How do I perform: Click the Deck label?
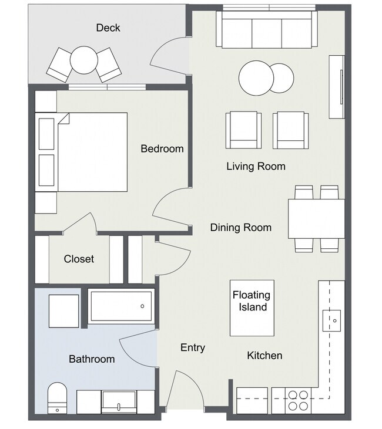[x=108, y=28]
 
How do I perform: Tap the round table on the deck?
[x=84, y=60]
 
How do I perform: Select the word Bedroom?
[x=162, y=148]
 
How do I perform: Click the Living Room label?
[x=256, y=166]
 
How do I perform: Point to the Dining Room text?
[x=241, y=227]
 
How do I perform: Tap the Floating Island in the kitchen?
[x=252, y=308]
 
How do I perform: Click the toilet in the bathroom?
[x=57, y=398]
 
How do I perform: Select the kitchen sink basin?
[x=331, y=320]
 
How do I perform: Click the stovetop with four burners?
[x=298, y=401]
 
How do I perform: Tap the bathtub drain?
[x=142, y=306]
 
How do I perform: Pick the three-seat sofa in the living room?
[x=267, y=29]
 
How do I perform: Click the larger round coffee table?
[x=256, y=78]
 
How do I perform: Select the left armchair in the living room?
[x=243, y=130]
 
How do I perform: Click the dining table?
[x=316, y=218]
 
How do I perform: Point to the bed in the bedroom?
[x=81, y=152]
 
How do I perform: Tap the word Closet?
[x=79, y=259]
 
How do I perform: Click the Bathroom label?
[x=92, y=359]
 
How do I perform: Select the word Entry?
[x=193, y=348]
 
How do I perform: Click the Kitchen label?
[x=264, y=356]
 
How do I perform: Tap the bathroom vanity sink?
[x=119, y=402]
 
